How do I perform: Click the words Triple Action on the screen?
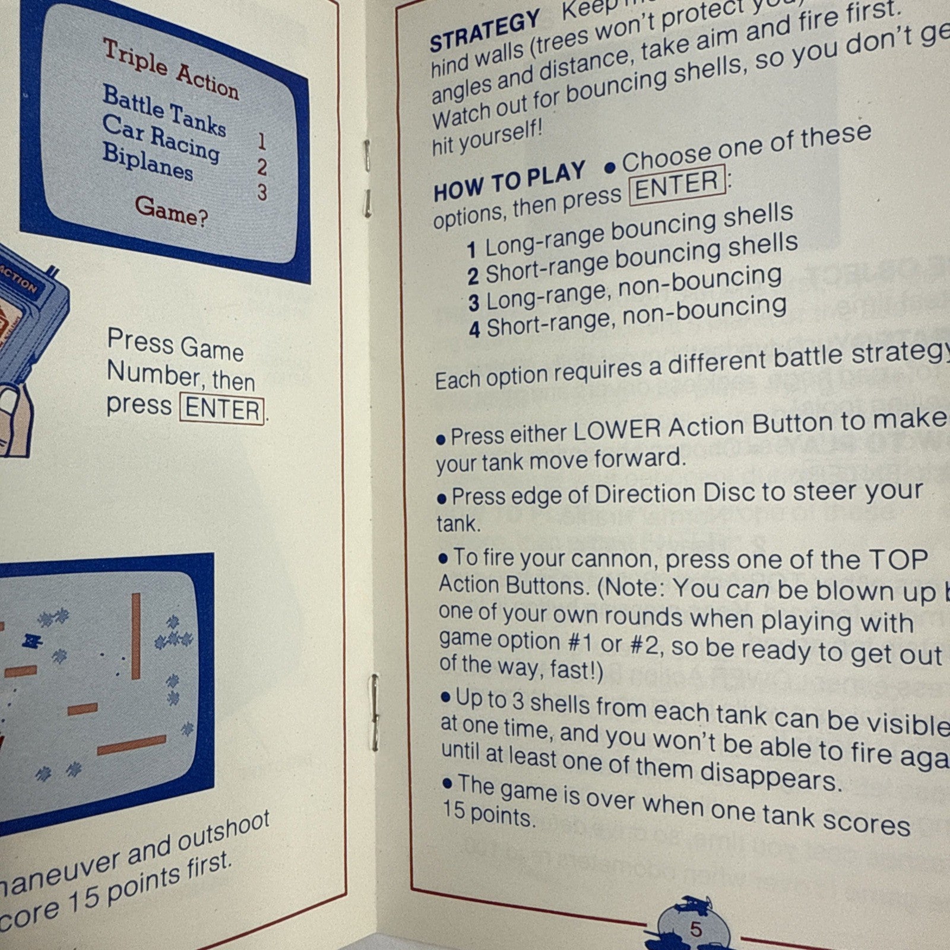[171, 69]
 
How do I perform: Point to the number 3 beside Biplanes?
[262, 192]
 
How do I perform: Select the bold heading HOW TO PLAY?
[509, 182]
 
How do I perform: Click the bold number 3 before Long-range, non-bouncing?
[473, 303]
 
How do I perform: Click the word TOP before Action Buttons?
[898, 559]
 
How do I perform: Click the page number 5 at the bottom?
[695, 929]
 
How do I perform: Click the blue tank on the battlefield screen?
[30, 641]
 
